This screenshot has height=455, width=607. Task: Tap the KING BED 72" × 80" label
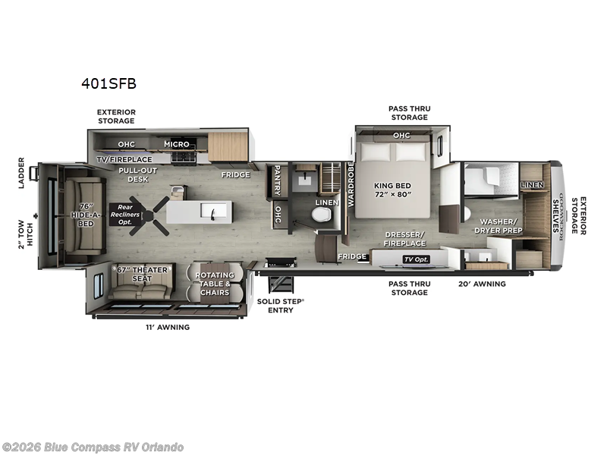(x=392, y=189)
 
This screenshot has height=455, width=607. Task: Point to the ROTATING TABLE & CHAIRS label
(x=214, y=284)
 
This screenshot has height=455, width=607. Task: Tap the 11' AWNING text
(x=166, y=327)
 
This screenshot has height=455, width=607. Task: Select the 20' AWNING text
(x=482, y=284)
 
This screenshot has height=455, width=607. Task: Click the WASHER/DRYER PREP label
(x=498, y=226)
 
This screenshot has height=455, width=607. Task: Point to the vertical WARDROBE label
(x=351, y=184)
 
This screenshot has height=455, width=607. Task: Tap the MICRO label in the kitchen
(x=177, y=144)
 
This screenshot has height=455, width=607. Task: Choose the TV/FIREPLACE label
(x=124, y=159)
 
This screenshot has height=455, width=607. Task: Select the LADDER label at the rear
(x=22, y=173)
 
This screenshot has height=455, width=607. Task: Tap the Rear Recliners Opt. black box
(x=124, y=214)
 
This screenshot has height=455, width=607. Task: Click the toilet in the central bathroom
(x=322, y=215)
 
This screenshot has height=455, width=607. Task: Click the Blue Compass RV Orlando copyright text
(x=93, y=447)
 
